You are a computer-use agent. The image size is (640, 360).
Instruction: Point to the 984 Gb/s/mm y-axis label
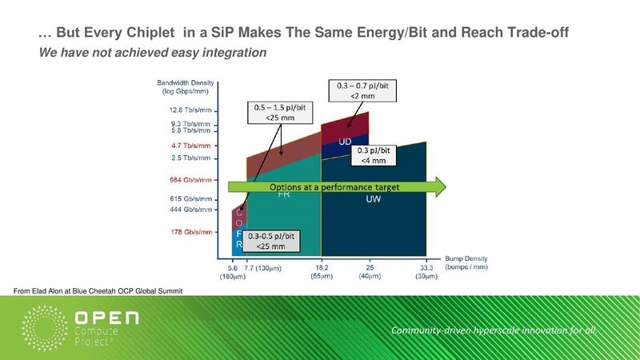(190, 180)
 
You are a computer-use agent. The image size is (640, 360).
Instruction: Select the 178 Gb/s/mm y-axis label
(190, 232)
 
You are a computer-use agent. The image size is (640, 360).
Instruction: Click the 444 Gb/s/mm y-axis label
(190, 210)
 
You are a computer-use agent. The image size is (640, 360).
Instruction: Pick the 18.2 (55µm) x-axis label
(321, 272)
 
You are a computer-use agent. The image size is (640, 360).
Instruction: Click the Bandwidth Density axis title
(188, 87)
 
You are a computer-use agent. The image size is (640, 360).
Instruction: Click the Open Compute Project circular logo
(48, 328)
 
